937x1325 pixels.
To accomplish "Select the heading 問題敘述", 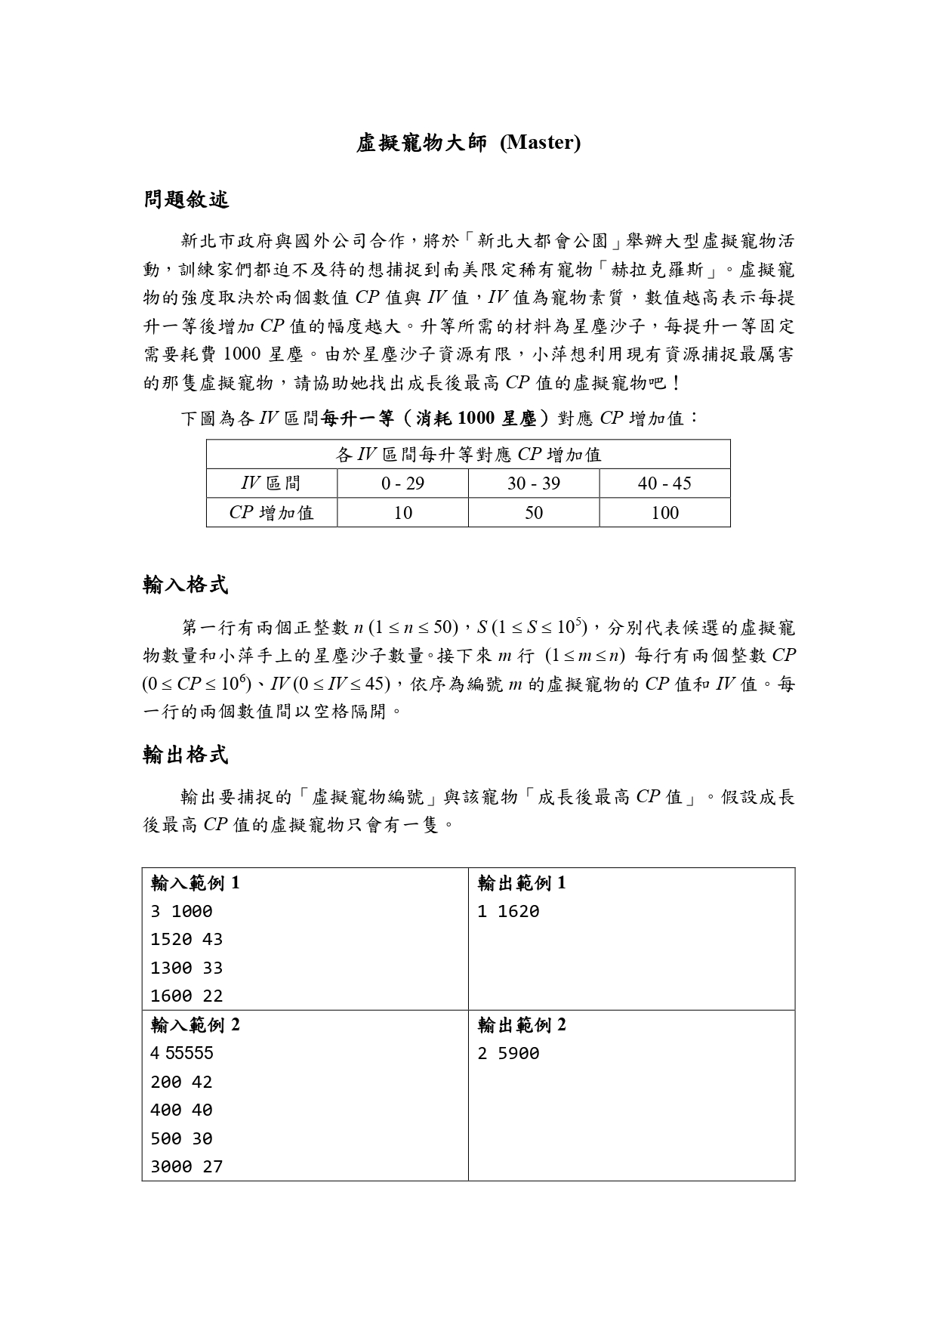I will point(186,199).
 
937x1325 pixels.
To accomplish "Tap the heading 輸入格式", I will point(186,584).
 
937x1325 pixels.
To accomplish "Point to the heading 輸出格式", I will point(186,754).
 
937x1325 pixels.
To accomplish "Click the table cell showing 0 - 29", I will point(402,483).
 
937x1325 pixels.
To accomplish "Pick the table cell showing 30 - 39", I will point(534,483).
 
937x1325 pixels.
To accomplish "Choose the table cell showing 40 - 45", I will point(664,483).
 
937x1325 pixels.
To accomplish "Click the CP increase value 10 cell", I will point(402,513).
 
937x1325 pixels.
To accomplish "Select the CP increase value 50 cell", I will point(534,513).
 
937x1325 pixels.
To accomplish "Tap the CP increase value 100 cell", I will point(664,513).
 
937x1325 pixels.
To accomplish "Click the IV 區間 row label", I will point(271,483).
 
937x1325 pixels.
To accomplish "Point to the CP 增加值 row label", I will point(271,513).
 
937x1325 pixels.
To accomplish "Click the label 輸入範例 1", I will point(196,882).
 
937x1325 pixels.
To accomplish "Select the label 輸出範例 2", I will point(522,1025).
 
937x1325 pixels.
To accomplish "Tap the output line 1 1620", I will point(508,912).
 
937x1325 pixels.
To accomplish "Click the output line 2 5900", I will point(508,1054).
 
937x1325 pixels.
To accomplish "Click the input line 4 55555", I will point(182,1054).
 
